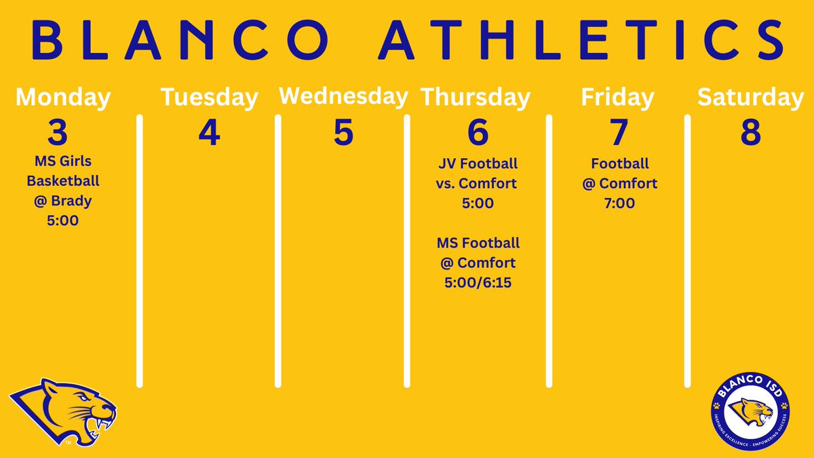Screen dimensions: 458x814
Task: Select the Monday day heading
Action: point(63,98)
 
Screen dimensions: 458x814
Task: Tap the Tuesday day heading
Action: point(209,98)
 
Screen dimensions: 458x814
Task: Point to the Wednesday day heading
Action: point(343,96)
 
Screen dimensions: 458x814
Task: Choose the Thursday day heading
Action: point(476,98)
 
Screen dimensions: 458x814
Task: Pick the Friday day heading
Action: point(617,98)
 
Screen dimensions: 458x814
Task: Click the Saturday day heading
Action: point(750,98)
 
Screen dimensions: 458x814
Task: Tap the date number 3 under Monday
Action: point(58,133)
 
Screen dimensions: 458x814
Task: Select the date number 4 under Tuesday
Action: point(209,133)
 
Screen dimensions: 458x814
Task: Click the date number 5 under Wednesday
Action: point(343,133)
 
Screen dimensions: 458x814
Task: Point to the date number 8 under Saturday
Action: point(750,133)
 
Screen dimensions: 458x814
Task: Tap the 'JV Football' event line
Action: point(478,164)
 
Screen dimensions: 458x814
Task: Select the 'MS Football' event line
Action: point(478,242)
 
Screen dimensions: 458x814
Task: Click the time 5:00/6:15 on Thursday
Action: point(478,282)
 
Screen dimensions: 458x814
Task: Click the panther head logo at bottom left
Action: point(62,411)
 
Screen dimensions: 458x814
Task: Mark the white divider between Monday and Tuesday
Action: point(140,251)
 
